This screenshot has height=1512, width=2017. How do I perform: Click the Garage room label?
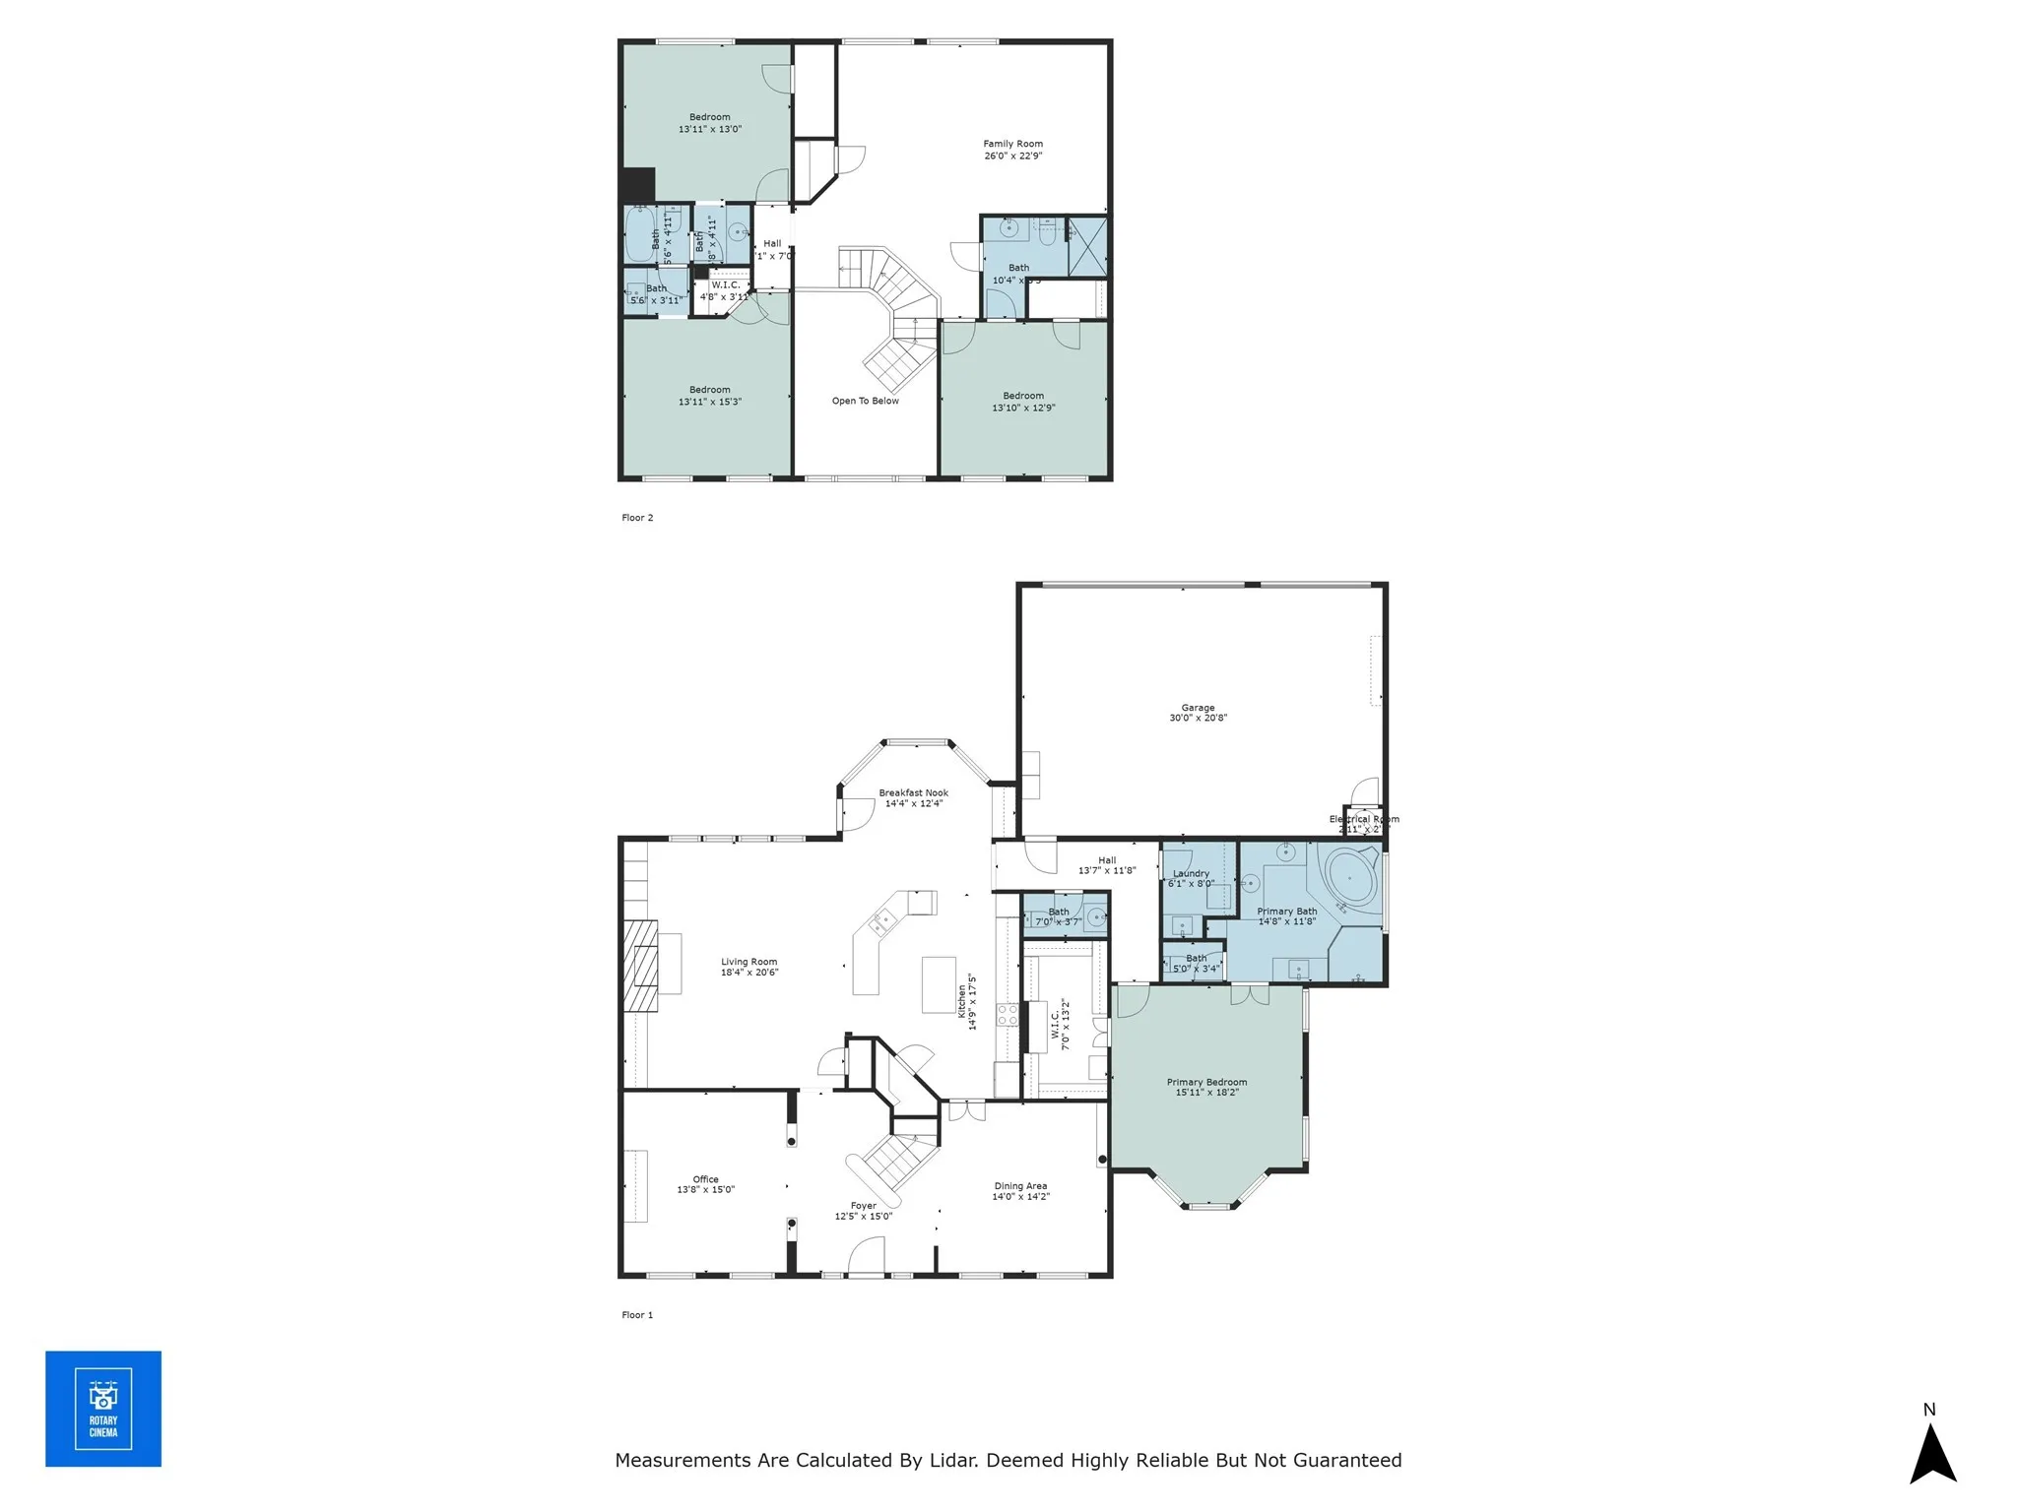[x=1198, y=713]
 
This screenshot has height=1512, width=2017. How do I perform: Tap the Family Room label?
[x=1012, y=150]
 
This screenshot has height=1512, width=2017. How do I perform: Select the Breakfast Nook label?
[x=913, y=797]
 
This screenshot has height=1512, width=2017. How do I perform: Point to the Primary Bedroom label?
[x=1206, y=1087]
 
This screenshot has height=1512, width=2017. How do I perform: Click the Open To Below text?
[x=865, y=401]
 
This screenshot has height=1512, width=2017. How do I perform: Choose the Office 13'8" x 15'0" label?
[x=705, y=1184]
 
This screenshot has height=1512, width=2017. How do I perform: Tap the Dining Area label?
[x=1020, y=1191]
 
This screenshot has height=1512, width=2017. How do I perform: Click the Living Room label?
[x=748, y=967]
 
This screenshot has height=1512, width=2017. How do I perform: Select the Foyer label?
[x=863, y=1210]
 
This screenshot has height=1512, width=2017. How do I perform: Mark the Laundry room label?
[x=1191, y=878]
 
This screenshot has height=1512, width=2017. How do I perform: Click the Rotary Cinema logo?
[x=103, y=1409]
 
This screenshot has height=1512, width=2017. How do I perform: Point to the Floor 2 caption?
[x=637, y=518]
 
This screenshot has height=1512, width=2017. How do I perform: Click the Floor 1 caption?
[x=637, y=1315]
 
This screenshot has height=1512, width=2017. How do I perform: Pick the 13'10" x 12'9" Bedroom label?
[x=1023, y=402]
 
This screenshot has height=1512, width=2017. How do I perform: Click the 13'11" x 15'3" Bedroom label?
[x=709, y=396]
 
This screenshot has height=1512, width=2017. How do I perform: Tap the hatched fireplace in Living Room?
[x=641, y=965]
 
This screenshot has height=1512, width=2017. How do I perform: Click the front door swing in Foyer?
[x=866, y=1258]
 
